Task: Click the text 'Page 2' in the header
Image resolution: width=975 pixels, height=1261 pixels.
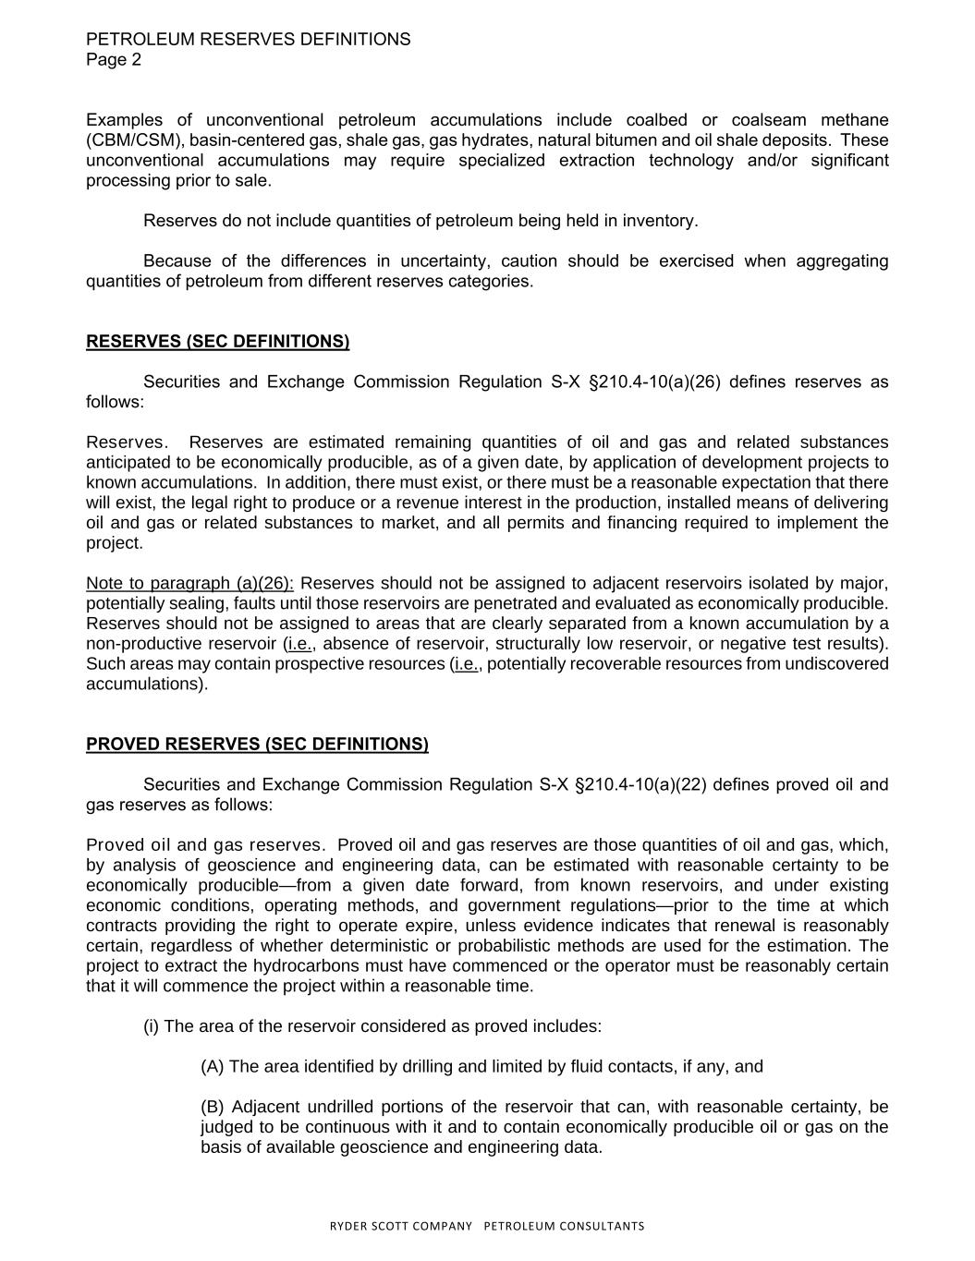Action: [x=114, y=60]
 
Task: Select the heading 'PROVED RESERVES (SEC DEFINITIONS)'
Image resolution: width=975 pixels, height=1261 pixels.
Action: [x=257, y=745]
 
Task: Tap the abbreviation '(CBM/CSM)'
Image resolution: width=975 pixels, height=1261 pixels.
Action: [x=135, y=140]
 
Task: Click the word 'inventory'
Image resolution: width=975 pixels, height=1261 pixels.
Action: [x=658, y=221]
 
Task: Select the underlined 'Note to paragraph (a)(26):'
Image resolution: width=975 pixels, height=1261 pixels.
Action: [x=190, y=584]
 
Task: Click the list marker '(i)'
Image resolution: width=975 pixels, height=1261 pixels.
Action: [x=151, y=1026]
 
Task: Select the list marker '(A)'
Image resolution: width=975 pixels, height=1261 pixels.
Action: [x=213, y=1067]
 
